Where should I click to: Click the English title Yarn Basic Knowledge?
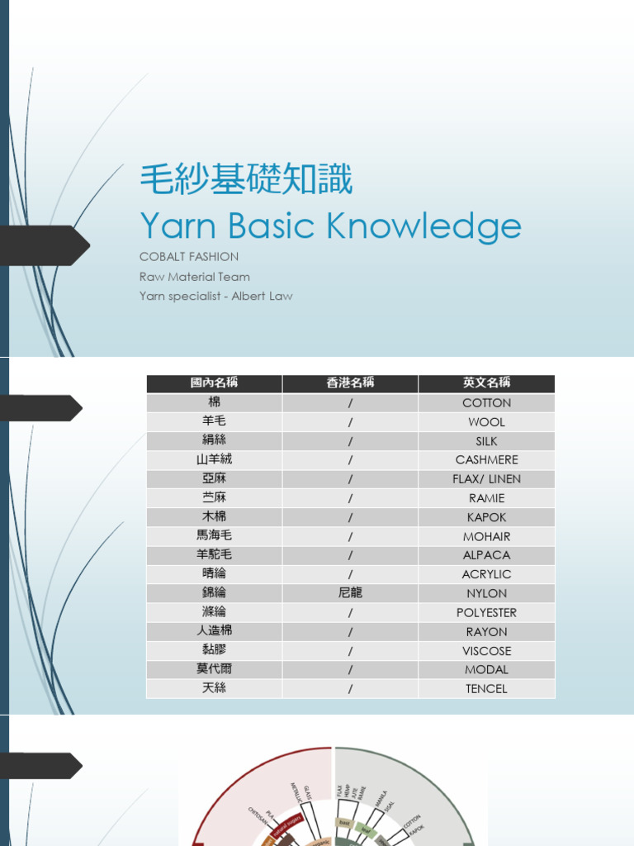point(330,225)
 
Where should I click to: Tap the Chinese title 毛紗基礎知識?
point(246,179)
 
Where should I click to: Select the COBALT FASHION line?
point(189,257)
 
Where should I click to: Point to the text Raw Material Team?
point(195,277)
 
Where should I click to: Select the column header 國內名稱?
point(214,383)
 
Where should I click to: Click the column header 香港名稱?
point(350,383)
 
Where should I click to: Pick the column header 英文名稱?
point(486,383)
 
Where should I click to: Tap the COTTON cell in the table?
point(486,403)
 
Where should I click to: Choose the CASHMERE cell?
point(486,460)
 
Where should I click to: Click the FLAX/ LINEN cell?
point(486,479)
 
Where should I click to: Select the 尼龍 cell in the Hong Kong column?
point(350,593)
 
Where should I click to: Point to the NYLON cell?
point(486,593)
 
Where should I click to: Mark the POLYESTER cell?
point(486,612)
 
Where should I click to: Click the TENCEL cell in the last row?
point(486,688)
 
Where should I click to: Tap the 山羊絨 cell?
point(214,459)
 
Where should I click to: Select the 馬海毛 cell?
point(214,536)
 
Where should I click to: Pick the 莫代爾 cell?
point(214,669)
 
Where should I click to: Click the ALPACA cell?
point(486,555)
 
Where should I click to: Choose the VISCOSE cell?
point(486,651)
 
